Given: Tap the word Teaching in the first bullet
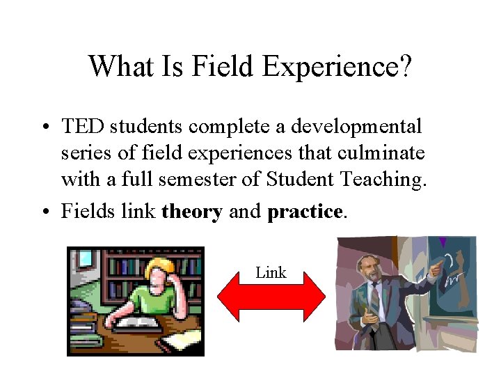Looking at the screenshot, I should coord(382,180).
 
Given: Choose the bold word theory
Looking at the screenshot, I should coord(191,211).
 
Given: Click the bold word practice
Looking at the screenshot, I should coord(304,211).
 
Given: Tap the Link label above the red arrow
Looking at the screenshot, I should coord(271,273).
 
